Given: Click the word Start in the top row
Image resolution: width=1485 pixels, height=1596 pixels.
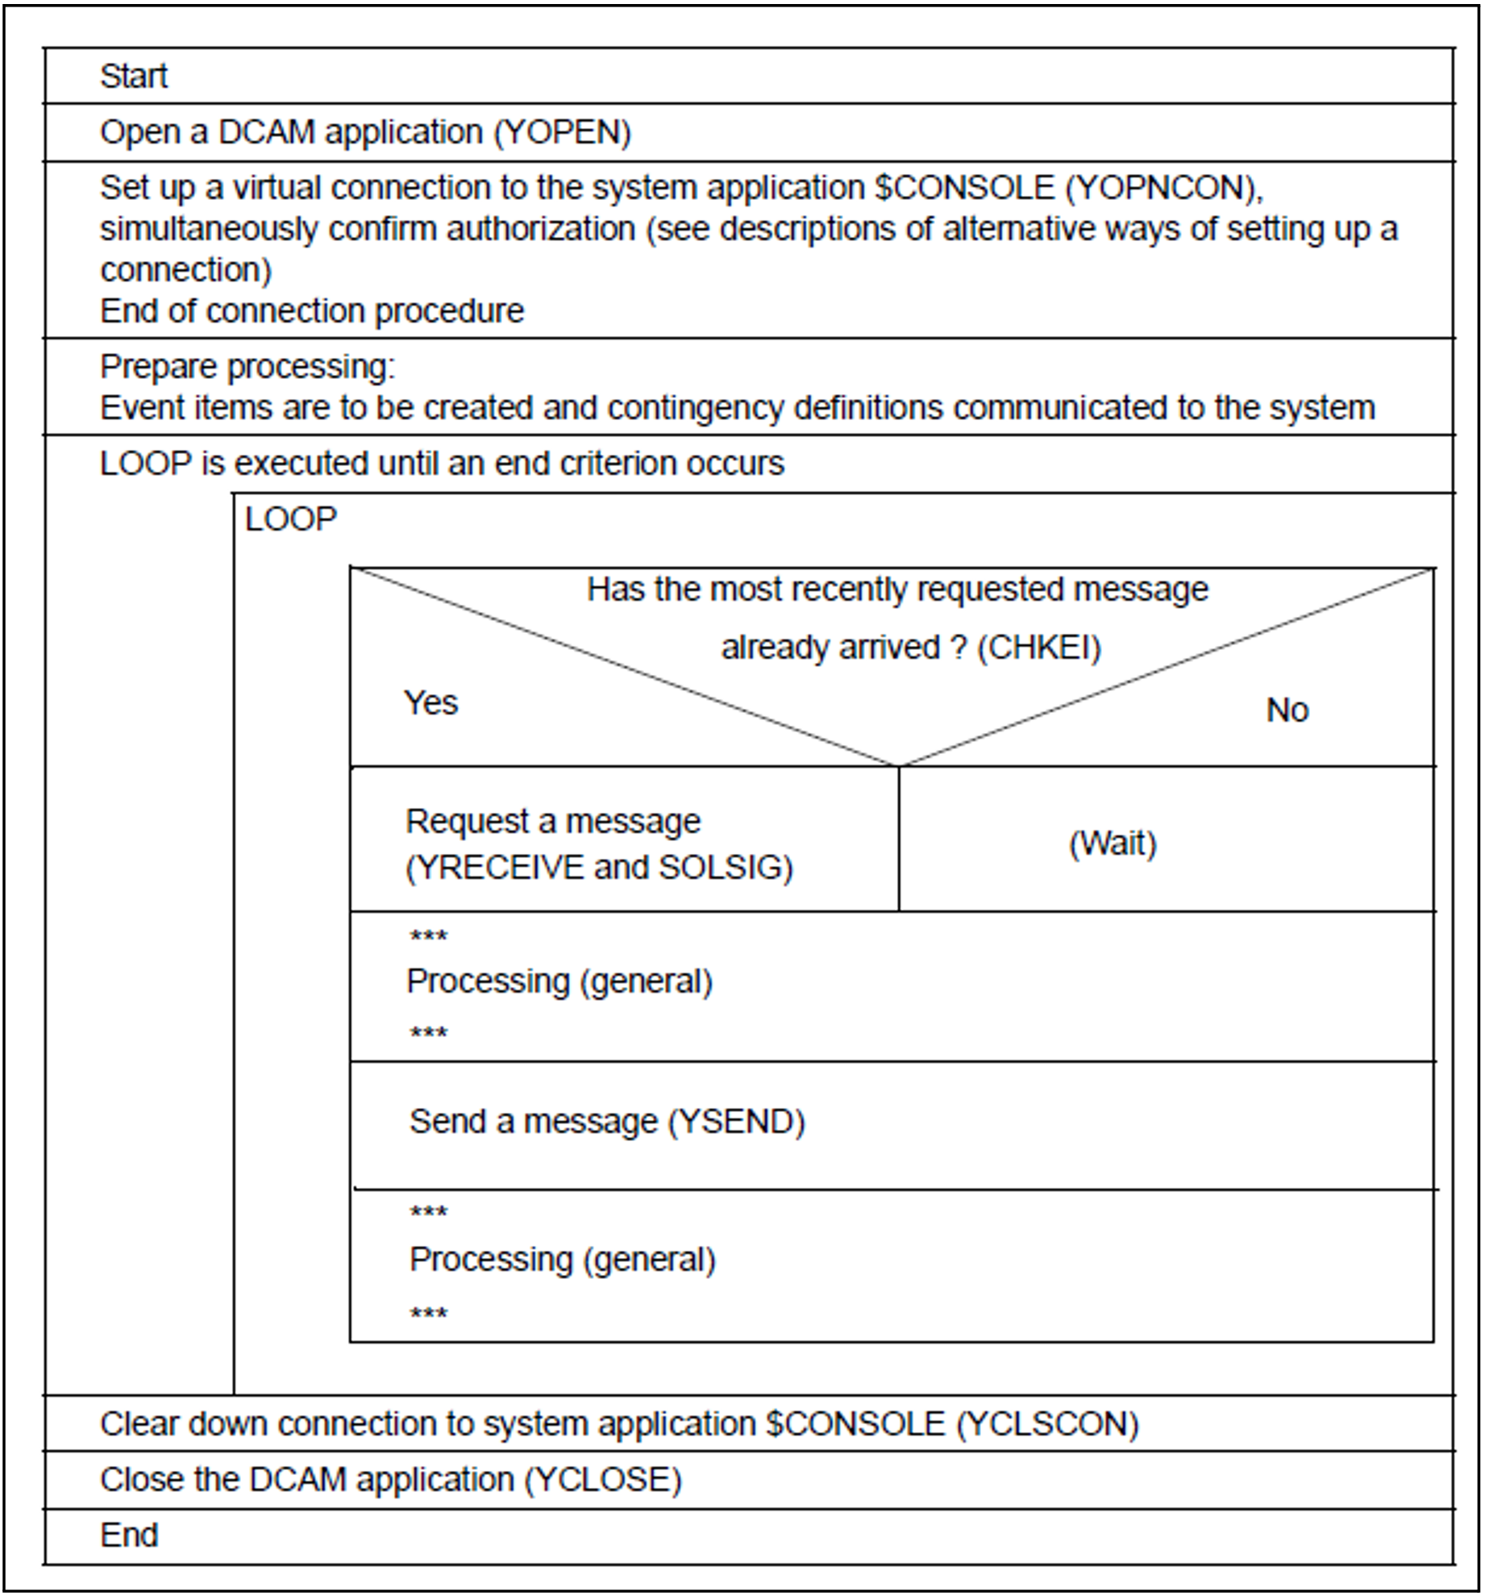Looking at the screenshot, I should tap(133, 77).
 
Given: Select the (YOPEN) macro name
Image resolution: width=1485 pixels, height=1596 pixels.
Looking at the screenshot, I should tap(562, 132).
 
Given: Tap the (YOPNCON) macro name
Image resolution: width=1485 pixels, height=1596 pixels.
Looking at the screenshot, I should tap(1163, 188).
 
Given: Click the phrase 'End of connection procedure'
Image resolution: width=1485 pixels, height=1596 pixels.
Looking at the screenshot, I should tap(311, 311).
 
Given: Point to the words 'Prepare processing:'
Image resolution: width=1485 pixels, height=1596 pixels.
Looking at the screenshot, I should tap(247, 367).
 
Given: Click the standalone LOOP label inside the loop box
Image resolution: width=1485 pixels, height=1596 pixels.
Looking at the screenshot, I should tap(290, 520).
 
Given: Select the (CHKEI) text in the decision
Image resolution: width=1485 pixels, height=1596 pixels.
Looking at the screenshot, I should tap(1038, 648).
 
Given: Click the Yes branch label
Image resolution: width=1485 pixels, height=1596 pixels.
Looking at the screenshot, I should tap(431, 703).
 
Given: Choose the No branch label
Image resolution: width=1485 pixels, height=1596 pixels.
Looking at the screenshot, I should tap(1287, 710).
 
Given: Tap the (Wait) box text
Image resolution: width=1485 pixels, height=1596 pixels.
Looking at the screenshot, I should tap(1113, 844).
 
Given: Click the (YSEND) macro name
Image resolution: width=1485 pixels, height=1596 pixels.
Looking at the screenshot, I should tap(737, 1122).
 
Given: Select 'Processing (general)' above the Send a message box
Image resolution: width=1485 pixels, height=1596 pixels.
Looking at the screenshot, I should tap(559, 982).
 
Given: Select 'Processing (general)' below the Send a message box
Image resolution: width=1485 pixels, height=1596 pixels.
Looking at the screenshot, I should tap(563, 1260).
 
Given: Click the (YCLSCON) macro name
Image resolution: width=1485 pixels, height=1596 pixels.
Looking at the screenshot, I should tap(1047, 1424).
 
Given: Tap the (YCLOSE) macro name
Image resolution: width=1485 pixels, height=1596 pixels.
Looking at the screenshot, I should tap(603, 1480).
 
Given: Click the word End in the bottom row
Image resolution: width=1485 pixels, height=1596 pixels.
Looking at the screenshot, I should tap(129, 1536).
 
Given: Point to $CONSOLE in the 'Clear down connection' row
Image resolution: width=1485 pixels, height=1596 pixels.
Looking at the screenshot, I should tap(855, 1424).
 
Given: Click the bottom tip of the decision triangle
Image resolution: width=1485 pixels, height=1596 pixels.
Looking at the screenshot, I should tap(899, 765).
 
